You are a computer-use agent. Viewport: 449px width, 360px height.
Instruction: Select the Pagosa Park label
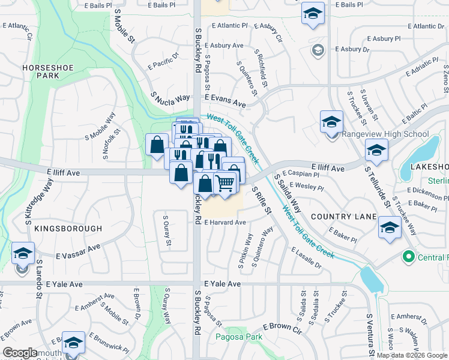[240, 337]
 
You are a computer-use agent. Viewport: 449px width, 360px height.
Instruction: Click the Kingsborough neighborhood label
[68, 229]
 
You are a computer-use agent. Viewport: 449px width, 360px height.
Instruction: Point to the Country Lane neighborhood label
[343, 217]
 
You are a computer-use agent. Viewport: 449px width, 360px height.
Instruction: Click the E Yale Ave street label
[223, 283]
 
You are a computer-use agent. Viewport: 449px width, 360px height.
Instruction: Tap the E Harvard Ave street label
[225, 222]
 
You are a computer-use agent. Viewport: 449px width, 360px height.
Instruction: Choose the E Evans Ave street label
[225, 100]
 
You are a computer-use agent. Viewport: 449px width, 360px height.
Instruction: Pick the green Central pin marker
[409, 257]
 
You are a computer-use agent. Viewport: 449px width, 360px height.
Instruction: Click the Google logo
[20, 353]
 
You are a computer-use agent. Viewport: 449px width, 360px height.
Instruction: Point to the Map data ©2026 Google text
[411, 355]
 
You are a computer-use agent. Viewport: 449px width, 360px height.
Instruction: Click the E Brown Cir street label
[282, 328]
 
